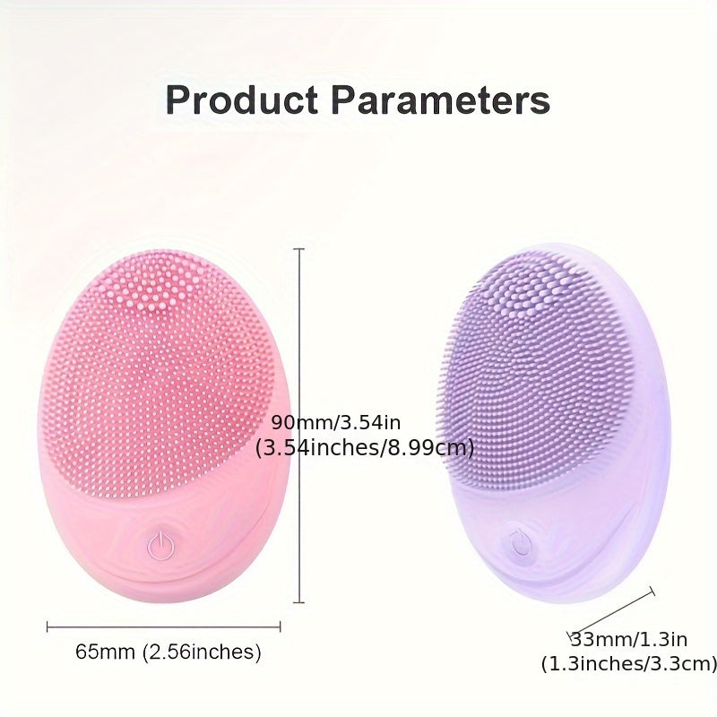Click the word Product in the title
tap(241, 100)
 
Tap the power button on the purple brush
tap(519, 540)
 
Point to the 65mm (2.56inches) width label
tap(168, 652)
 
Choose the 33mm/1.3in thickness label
tap(628, 639)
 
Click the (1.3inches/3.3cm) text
tap(628, 663)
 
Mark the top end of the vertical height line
tap(299, 249)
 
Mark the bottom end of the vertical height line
tap(299, 602)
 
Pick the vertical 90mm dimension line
tap(299, 358)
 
